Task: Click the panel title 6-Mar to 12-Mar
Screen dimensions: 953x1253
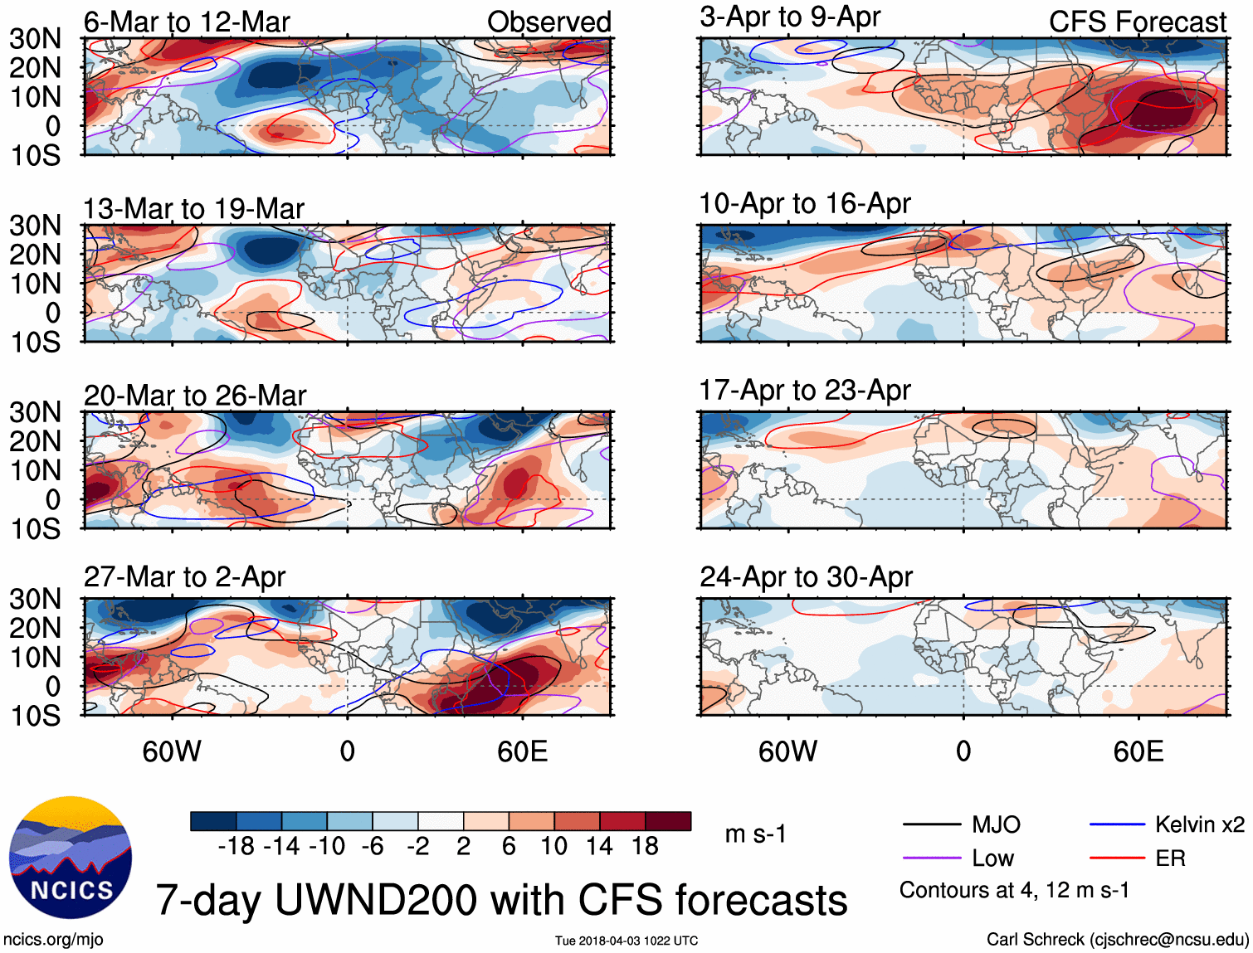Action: coord(187,22)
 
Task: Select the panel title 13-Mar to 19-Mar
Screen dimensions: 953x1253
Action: coord(193,209)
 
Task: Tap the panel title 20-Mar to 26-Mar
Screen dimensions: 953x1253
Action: coord(195,396)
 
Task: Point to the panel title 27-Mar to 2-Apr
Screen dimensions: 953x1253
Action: coord(184,577)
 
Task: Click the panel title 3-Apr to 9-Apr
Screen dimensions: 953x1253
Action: coord(790,17)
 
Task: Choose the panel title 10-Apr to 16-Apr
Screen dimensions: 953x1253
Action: coord(805,203)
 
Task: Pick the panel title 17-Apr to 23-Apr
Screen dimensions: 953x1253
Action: coord(805,390)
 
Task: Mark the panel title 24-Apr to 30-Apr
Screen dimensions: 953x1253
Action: coord(806,576)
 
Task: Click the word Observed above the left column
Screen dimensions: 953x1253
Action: coord(548,22)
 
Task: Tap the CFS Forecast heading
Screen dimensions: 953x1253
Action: coord(1137,22)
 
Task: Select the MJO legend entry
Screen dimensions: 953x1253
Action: coord(996,824)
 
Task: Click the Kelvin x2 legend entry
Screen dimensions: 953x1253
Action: coord(1199,824)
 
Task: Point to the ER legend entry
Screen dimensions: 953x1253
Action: coord(1170,858)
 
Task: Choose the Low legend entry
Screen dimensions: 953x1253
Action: coord(992,858)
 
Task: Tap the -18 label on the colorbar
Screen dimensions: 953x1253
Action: coord(236,846)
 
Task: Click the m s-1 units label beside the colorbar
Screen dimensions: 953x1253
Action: coord(755,834)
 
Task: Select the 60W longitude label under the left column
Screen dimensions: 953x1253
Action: coord(172,751)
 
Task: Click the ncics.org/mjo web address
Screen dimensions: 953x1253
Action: coord(53,940)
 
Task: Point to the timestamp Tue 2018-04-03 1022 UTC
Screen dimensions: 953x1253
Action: coord(626,941)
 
